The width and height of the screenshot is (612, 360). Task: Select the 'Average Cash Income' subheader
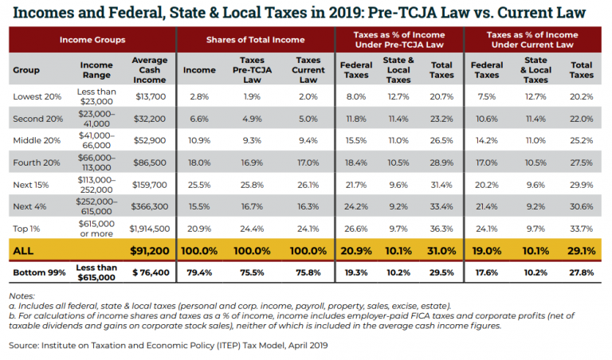(x=149, y=69)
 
